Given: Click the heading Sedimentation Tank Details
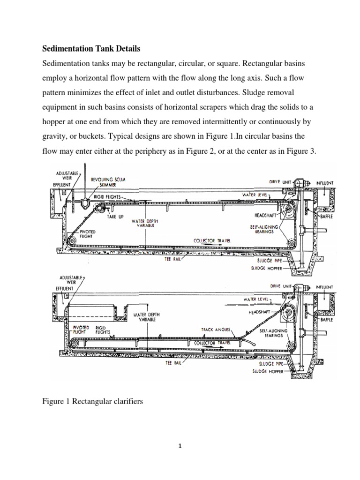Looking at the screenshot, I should (x=91, y=48).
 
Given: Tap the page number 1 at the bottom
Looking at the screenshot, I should (x=180, y=446).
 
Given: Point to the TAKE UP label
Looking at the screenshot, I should (x=115, y=217).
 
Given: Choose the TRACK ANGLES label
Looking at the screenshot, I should (x=216, y=330).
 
